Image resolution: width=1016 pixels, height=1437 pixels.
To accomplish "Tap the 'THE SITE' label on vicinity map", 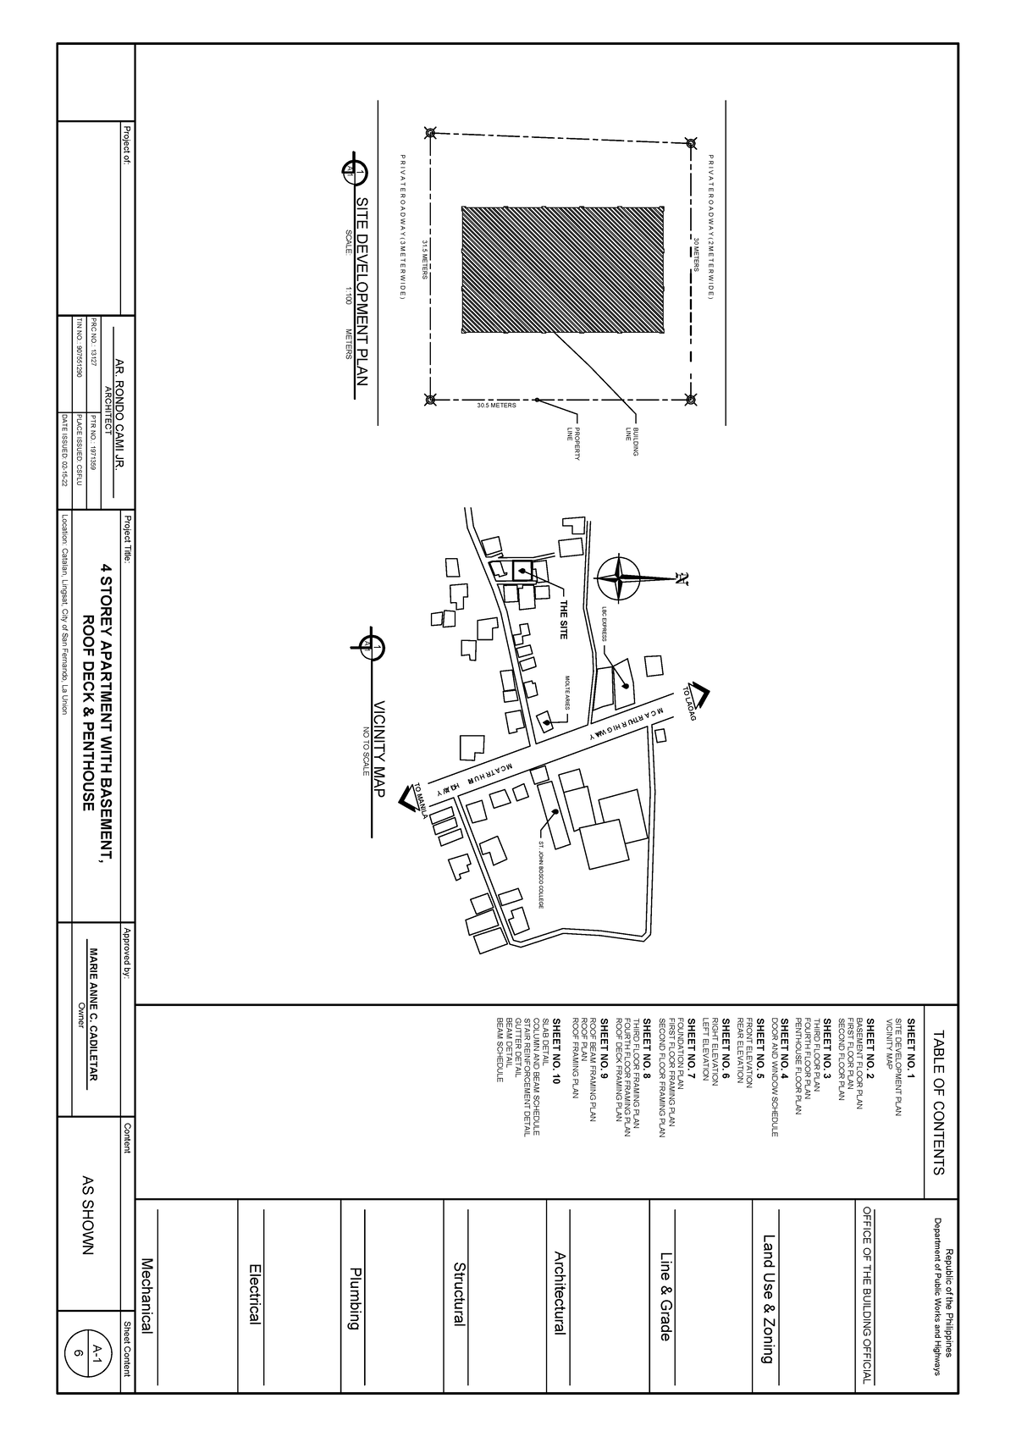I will (562, 621).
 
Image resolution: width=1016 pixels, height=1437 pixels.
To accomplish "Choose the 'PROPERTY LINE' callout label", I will (573, 445).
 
